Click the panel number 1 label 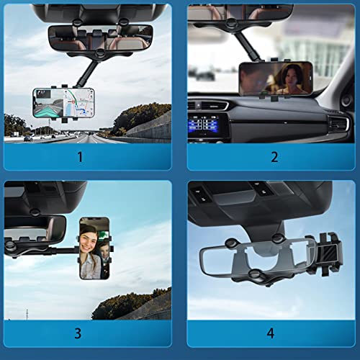(x=80, y=156)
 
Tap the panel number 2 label (x=274, y=156)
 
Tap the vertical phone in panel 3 (x=94, y=248)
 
